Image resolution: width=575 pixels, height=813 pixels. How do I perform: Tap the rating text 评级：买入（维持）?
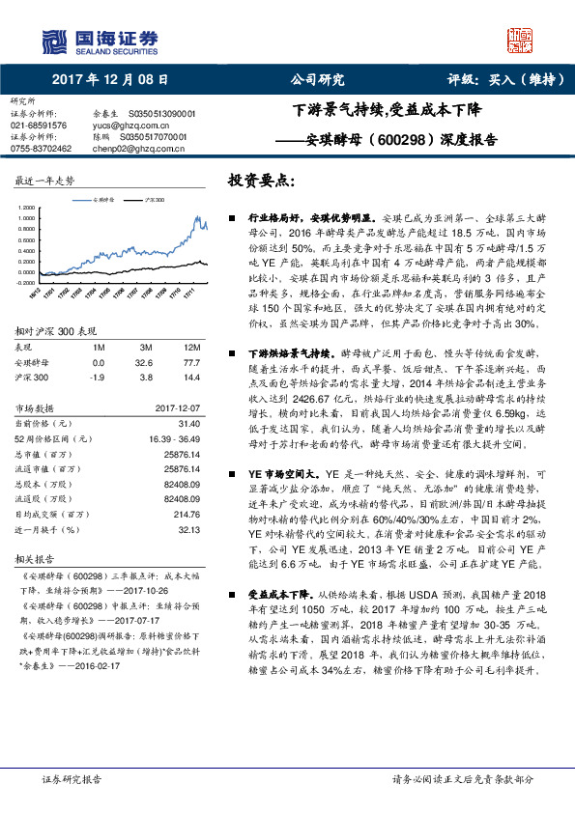click(505, 80)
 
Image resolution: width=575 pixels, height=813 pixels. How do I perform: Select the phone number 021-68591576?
click(40, 126)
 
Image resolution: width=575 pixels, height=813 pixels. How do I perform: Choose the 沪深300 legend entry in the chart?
click(150, 198)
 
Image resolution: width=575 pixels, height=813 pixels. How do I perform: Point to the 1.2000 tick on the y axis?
click(28, 208)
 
